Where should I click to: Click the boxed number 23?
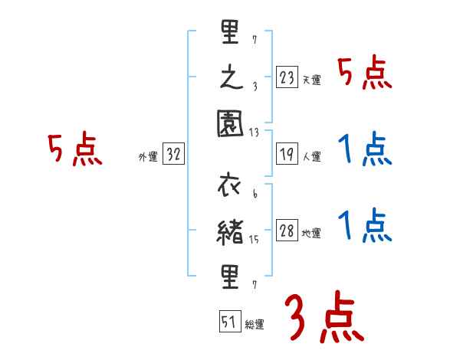(287, 77)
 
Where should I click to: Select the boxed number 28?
(287, 232)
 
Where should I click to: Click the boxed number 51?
(228, 322)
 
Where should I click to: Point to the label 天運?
(311, 80)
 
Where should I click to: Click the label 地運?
(311, 234)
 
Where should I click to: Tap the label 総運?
(253, 324)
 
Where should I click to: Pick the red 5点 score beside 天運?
(364, 74)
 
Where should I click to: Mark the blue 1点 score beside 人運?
(364, 149)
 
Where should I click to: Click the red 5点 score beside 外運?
(75, 150)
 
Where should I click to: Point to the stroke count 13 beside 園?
(255, 133)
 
